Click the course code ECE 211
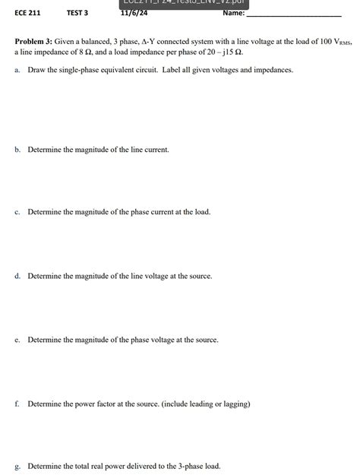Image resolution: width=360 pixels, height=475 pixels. pyautogui.click(x=27, y=13)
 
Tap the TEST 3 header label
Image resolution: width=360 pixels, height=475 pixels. pyautogui.click(x=77, y=13)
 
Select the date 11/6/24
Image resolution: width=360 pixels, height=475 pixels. pyautogui.click(x=134, y=13)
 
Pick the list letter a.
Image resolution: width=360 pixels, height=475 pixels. pyautogui.click(x=17, y=70)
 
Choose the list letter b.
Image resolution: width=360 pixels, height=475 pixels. pyautogui.click(x=17, y=150)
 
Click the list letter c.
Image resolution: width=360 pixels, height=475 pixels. pyautogui.click(x=17, y=212)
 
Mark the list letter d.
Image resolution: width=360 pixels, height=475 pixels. pyautogui.click(x=17, y=276)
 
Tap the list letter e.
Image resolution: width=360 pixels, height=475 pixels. pyautogui.click(x=17, y=340)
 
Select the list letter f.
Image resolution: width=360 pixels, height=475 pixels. pyautogui.click(x=17, y=404)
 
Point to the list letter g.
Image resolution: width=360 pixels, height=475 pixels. pyautogui.click(x=17, y=467)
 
